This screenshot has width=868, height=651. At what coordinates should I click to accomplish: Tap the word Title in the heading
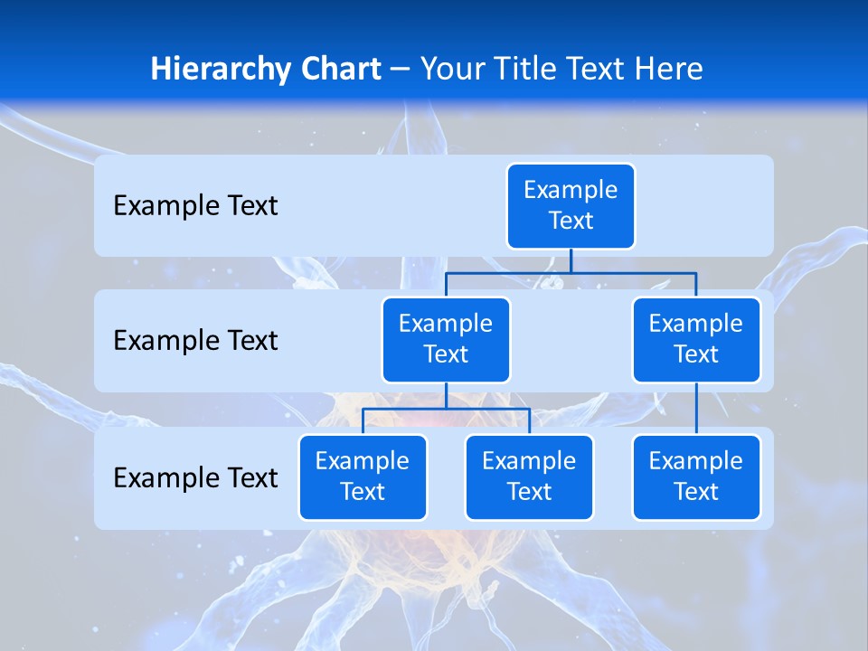click(524, 70)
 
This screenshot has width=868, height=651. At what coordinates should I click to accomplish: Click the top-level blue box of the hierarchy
click(571, 206)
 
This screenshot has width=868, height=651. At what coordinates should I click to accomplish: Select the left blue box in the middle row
click(446, 340)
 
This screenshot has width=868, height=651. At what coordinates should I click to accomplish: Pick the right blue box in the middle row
click(696, 340)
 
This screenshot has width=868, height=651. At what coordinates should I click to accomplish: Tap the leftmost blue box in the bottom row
click(363, 477)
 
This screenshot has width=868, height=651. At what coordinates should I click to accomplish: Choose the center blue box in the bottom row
click(529, 477)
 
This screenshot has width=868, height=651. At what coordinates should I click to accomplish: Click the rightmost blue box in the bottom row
click(696, 477)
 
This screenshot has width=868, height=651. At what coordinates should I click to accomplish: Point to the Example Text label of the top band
click(195, 206)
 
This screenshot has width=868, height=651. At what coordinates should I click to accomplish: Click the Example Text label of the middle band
click(195, 341)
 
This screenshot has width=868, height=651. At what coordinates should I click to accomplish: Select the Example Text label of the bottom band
click(195, 477)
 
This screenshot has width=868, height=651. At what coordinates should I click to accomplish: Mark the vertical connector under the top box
click(571, 260)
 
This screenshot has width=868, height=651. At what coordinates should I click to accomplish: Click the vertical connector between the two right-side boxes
click(696, 409)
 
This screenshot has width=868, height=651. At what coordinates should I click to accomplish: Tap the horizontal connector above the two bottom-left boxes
click(446, 409)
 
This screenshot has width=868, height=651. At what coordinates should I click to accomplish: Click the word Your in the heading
click(452, 70)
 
